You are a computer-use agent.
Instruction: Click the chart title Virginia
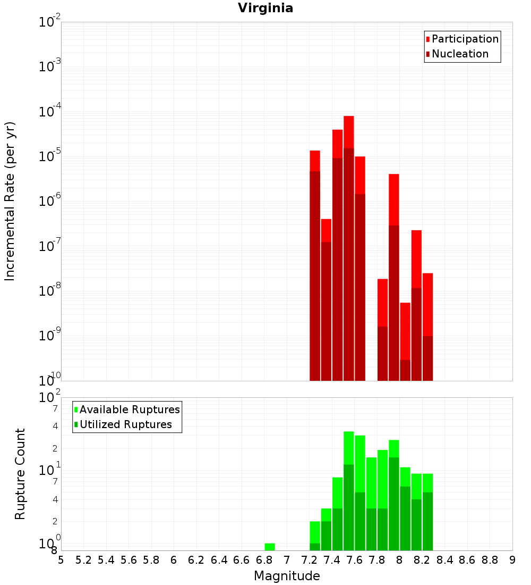[x=265, y=8]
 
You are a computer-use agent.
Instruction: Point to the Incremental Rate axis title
[x=10, y=202]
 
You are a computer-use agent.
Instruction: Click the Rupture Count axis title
[x=20, y=474]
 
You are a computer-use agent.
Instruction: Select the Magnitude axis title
[x=287, y=576]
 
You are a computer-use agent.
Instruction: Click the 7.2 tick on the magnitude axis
[x=310, y=560]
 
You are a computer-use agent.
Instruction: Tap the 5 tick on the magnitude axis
[x=61, y=560]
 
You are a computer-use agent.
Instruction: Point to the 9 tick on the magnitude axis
[x=512, y=560]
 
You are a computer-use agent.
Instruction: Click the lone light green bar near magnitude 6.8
[x=270, y=547]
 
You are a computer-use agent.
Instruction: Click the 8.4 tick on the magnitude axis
[x=445, y=560]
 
